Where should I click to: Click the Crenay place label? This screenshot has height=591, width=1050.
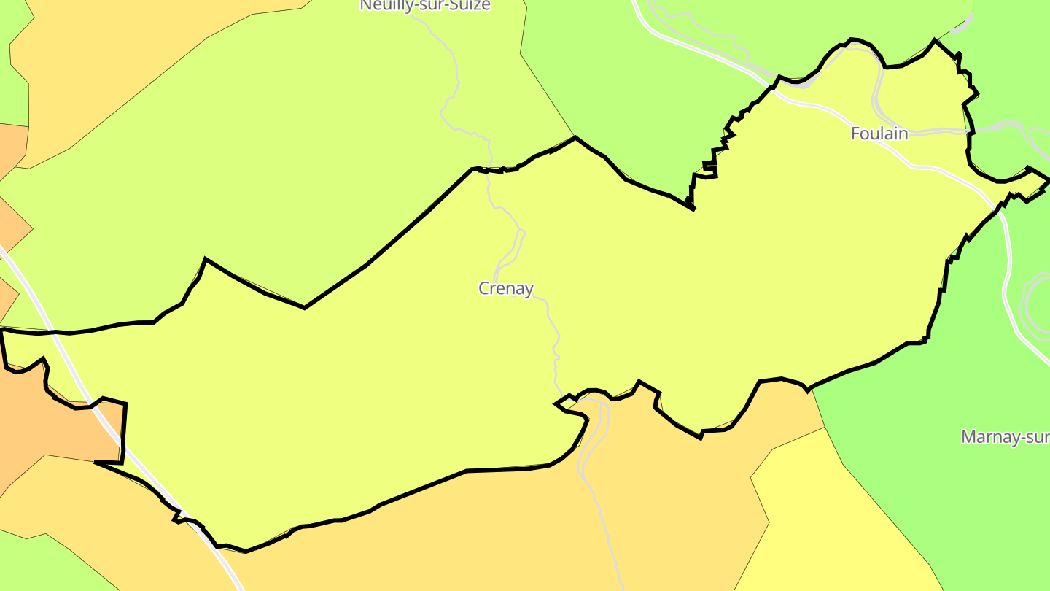(506, 289)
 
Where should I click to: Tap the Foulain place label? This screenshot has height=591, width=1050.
(879, 134)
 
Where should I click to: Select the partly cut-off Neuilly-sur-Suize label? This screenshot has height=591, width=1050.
(425, 6)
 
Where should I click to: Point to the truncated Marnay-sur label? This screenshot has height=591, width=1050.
(1005, 437)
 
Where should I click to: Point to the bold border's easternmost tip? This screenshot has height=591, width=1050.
(1049, 179)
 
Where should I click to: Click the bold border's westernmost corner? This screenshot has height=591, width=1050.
(2, 330)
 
